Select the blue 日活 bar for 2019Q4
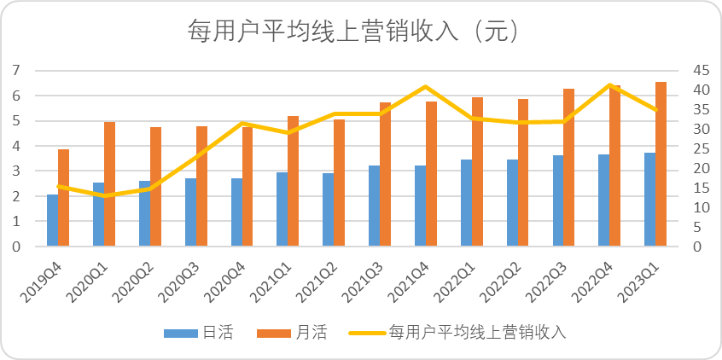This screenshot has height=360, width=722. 53,220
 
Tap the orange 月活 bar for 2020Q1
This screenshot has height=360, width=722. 109,184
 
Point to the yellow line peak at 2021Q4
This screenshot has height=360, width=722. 426,86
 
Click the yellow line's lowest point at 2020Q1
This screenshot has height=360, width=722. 104,195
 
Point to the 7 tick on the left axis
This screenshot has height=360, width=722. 15,70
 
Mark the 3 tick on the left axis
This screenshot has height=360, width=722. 15,171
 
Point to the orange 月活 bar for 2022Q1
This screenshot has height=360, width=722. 477,171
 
